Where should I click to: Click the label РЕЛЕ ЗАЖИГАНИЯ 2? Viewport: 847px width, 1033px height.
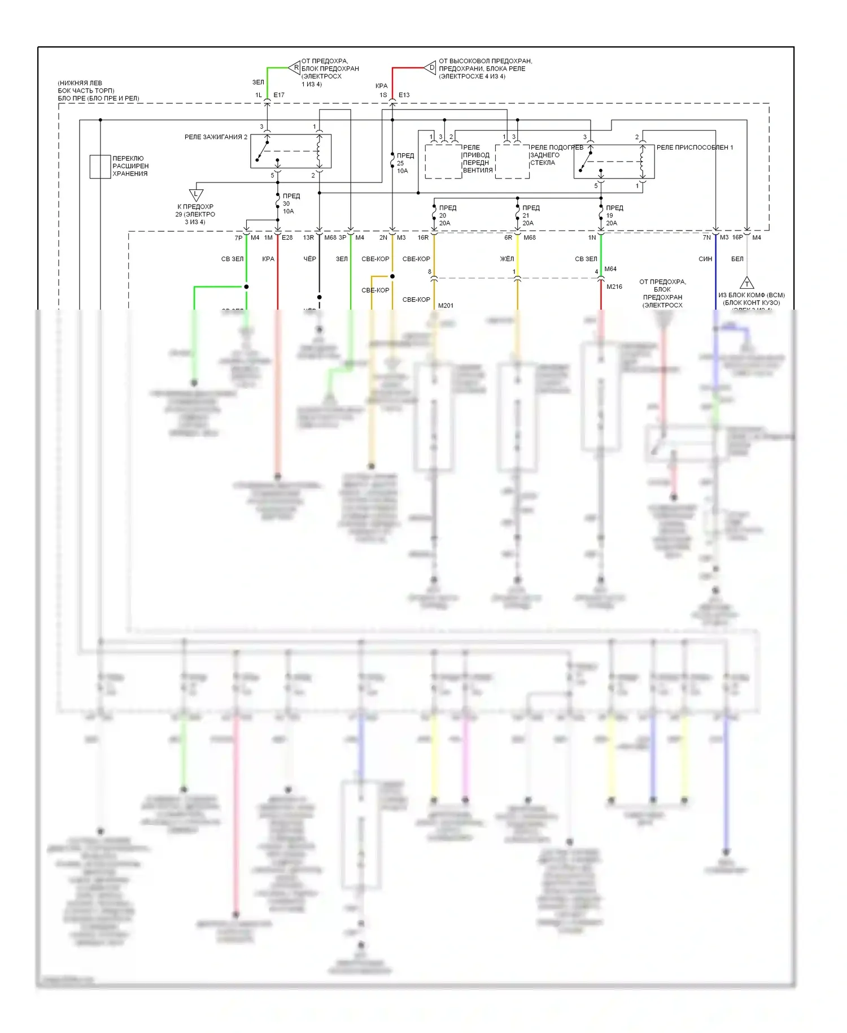click(x=216, y=137)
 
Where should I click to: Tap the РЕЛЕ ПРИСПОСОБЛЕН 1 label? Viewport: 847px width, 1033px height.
click(x=695, y=147)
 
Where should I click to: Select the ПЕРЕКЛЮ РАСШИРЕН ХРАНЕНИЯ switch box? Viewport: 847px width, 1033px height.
click(x=100, y=167)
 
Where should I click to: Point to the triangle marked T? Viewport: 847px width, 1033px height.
click(x=746, y=283)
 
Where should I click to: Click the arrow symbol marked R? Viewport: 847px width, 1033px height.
click(x=294, y=68)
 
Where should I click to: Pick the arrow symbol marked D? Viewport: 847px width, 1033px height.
click(x=430, y=68)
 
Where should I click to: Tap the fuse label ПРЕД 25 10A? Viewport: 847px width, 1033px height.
click(x=405, y=163)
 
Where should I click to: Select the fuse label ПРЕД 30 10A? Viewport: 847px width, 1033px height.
click(x=291, y=204)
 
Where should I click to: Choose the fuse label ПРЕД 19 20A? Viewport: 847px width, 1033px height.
click(x=614, y=216)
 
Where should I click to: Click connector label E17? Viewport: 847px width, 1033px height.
click(x=279, y=95)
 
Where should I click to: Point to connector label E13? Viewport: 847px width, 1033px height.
click(x=404, y=95)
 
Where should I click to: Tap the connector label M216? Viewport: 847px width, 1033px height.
click(x=614, y=287)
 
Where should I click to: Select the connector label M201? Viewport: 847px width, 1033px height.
click(x=446, y=306)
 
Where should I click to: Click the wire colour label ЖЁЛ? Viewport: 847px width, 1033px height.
click(x=507, y=259)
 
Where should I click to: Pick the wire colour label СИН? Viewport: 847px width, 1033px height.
click(x=705, y=259)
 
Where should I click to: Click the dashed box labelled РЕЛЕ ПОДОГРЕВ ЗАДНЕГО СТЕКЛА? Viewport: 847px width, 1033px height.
click(x=512, y=162)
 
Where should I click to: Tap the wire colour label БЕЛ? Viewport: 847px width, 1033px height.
click(x=737, y=259)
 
